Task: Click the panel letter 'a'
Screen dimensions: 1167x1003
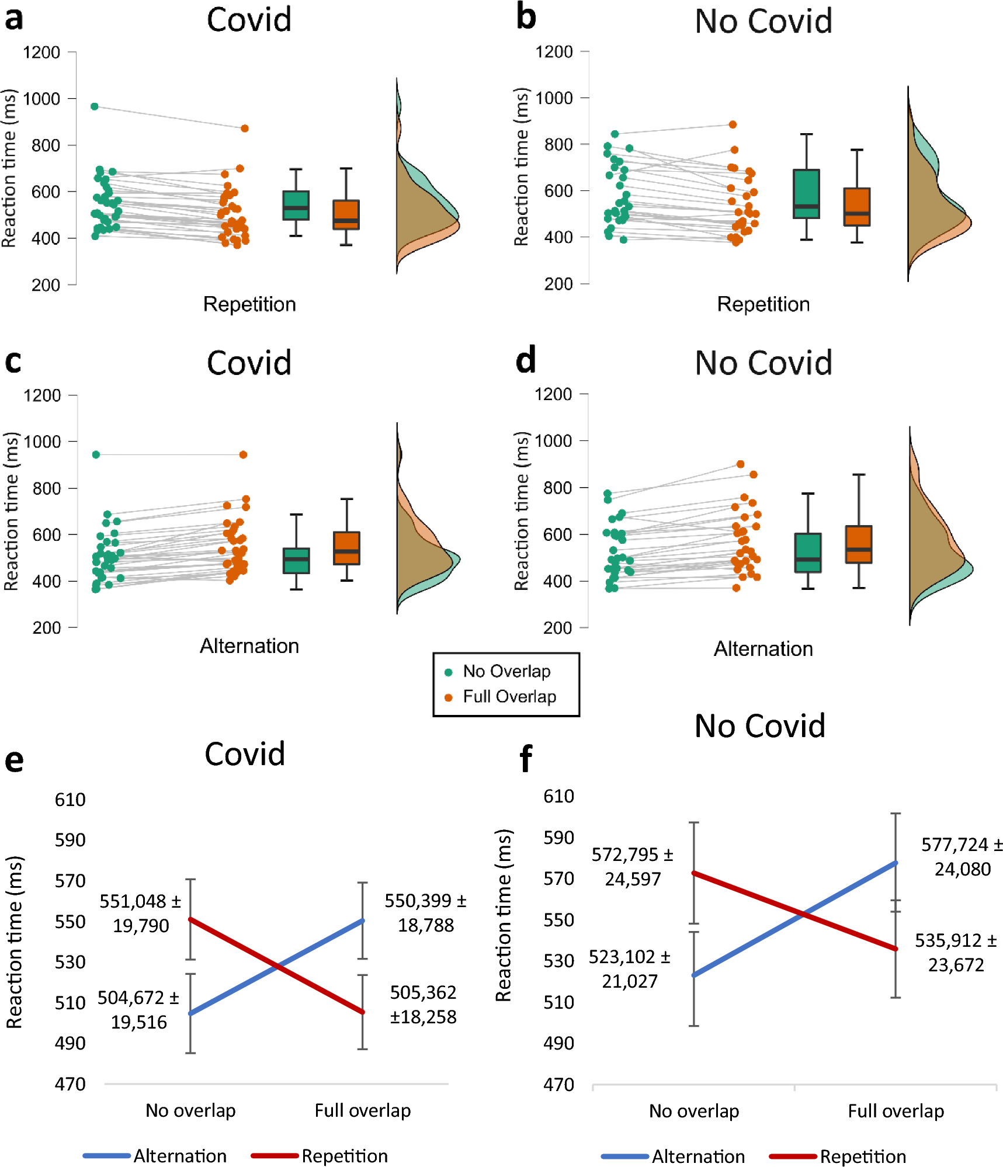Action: pos(14,19)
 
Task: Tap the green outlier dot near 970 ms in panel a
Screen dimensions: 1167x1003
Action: pos(95,106)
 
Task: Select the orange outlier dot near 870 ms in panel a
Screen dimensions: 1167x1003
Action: pos(245,128)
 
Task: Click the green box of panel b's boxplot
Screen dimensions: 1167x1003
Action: pos(806,194)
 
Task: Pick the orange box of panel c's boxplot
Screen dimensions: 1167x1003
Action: pos(347,548)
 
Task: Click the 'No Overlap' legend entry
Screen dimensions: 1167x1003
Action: pos(506,672)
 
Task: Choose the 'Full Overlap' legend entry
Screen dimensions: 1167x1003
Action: pos(509,697)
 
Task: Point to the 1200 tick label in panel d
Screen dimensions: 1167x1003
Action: pos(553,394)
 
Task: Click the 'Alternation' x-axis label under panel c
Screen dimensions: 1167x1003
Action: pos(249,646)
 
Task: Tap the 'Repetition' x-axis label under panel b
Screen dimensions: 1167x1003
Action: pos(763,304)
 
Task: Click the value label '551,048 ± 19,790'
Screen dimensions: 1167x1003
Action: pos(140,913)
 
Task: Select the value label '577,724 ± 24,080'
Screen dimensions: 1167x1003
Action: pos(962,856)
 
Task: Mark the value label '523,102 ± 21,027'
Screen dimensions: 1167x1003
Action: pos(629,968)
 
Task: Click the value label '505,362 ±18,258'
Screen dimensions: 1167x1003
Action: pos(423,1004)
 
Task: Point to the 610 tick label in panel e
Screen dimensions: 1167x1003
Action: pos(70,800)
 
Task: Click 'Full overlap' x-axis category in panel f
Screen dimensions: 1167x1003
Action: pos(896,1111)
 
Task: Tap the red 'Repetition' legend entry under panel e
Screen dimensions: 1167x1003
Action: pos(344,1156)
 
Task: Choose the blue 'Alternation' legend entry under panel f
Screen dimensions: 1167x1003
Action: pos(697,1156)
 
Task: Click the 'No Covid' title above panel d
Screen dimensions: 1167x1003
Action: pos(763,363)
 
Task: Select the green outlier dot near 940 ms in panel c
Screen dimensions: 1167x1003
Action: pos(96,454)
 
